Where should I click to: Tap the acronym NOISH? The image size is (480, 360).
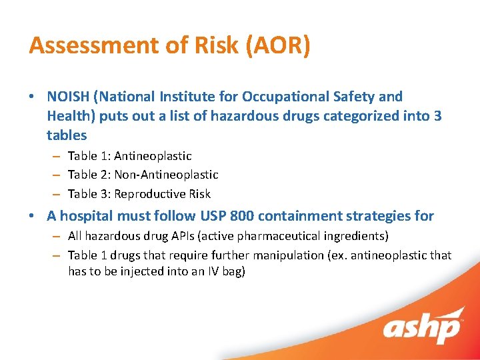pos(68,97)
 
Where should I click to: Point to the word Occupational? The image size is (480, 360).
pos(293,97)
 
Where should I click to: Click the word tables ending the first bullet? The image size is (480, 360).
pos(67,135)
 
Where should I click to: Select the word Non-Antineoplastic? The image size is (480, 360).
pos(166,175)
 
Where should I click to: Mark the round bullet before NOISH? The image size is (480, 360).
pos(32,97)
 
